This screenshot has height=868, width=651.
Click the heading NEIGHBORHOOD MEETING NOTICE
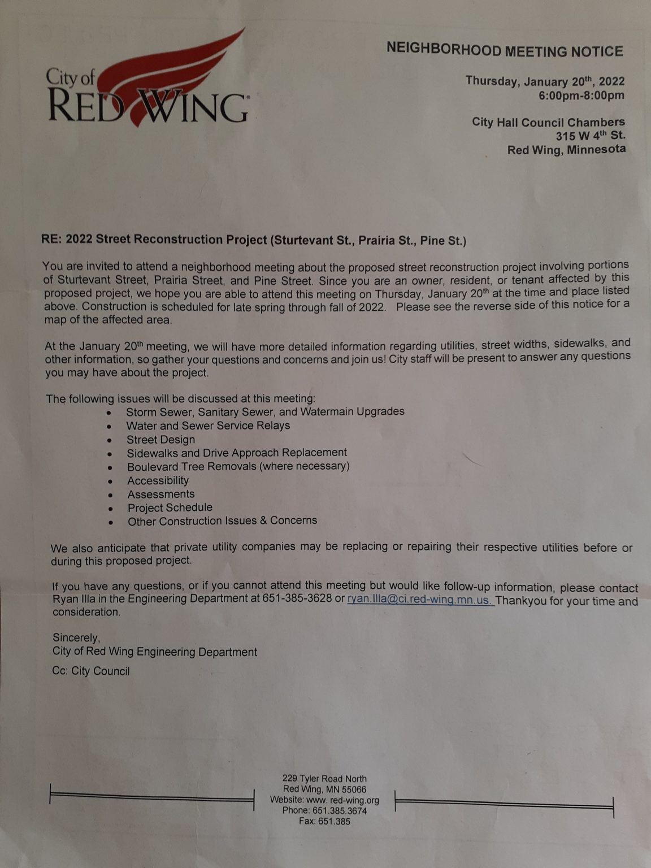(x=505, y=50)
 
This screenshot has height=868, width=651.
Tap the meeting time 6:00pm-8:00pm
(x=581, y=96)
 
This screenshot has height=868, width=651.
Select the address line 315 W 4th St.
(x=591, y=136)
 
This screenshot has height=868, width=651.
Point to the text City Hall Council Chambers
(x=548, y=122)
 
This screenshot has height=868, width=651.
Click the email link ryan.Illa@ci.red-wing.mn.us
(x=420, y=600)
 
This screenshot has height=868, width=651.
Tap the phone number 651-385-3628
(x=297, y=598)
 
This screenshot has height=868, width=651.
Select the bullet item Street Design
(x=160, y=440)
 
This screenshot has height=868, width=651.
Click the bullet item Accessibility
(x=158, y=480)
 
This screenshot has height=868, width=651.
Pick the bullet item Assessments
(x=160, y=494)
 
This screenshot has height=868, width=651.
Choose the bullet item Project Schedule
(x=170, y=507)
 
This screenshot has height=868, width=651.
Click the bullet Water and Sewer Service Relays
(x=208, y=426)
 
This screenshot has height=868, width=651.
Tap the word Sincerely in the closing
(x=76, y=637)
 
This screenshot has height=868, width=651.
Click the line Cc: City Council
(x=91, y=671)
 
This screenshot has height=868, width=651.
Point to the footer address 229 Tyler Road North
(x=324, y=779)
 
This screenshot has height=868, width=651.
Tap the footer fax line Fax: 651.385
(x=324, y=822)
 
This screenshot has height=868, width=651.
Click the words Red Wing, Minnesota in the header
(x=566, y=150)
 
